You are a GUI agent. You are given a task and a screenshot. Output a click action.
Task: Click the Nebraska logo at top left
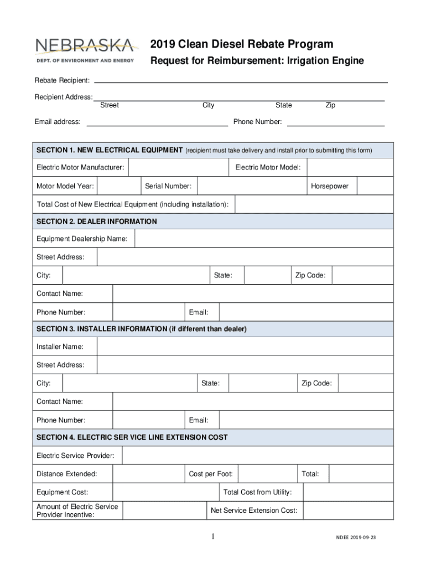tap(85, 50)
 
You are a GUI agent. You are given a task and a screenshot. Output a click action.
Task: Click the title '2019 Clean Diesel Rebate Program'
tap(242, 44)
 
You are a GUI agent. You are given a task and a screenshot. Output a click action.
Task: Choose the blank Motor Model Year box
tap(118, 186)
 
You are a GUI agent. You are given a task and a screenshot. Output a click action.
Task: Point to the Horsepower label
tap(330, 186)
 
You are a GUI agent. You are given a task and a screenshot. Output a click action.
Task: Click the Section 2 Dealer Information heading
tap(97, 221)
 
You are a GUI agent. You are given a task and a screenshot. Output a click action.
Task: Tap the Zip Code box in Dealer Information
tap(363, 275)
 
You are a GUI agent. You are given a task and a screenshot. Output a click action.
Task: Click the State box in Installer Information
tap(262, 383)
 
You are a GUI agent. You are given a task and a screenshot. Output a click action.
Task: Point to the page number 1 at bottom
tap(212, 537)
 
